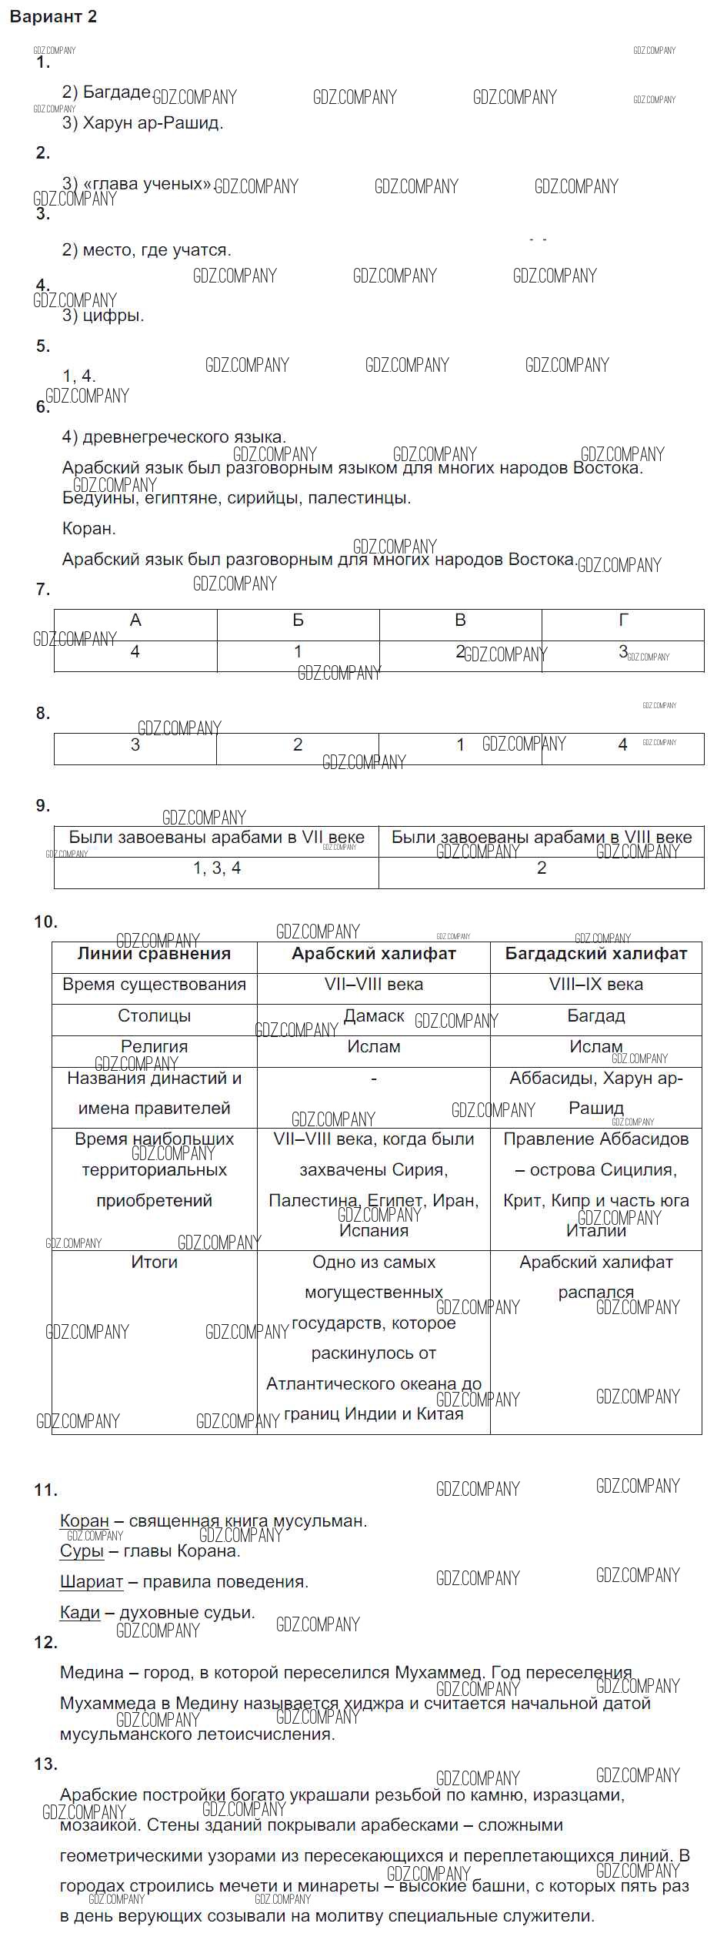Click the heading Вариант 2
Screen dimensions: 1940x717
pyautogui.click(x=53, y=17)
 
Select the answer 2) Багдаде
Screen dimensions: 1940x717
pyautogui.click(x=106, y=92)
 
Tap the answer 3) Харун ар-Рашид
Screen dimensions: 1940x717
pyautogui.click(x=142, y=123)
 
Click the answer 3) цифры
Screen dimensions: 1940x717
pyautogui.click(x=103, y=315)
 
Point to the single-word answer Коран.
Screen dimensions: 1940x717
pyautogui.click(x=88, y=529)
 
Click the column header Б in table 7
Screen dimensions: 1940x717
pyautogui.click(x=298, y=620)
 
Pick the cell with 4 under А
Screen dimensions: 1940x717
pyautogui.click(x=135, y=652)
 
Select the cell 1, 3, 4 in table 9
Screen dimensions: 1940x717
pyautogui.click(x=216, y=868)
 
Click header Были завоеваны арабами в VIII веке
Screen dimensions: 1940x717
pyautogui.click(x=541, y=838)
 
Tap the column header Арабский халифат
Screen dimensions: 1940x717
pyautogui.click(x=373, y=954)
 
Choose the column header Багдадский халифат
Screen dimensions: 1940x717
pyautogui.click(x=595, y=954)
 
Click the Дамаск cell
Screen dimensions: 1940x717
pyautogui.click(x=373, y=1016)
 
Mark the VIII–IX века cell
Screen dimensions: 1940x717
pyautogui.click(x=595, y=985)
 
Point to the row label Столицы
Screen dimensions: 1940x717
pyautogui.click(x=154, y=1016)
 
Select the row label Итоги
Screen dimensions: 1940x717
pyautogui.click(x=154, y=1263)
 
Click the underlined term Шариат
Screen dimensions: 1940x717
pyautogui.click(x=91, y=1582)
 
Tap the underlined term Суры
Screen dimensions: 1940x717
pyautogui.click(x=82, y=1551)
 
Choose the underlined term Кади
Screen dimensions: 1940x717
pyautogui.click(x=80, y=1613)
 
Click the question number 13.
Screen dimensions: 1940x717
pyautogui.click(x=46, y=1764)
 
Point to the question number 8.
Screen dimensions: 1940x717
pyautogui.click(x=43, y=714)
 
